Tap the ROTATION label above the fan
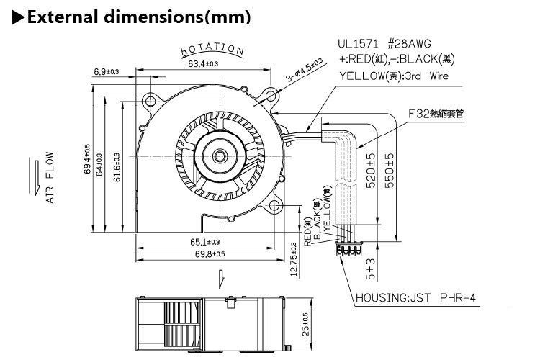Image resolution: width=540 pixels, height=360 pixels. pos(212,49)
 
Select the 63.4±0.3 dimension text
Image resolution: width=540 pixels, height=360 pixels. pos(204,64)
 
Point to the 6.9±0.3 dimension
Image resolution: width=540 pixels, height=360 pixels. pos(106,71)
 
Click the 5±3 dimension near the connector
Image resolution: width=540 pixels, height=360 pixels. pos(370,269)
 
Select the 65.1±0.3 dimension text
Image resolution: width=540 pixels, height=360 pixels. pos(205,242)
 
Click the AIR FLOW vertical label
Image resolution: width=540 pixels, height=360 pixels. pos(50,176)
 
